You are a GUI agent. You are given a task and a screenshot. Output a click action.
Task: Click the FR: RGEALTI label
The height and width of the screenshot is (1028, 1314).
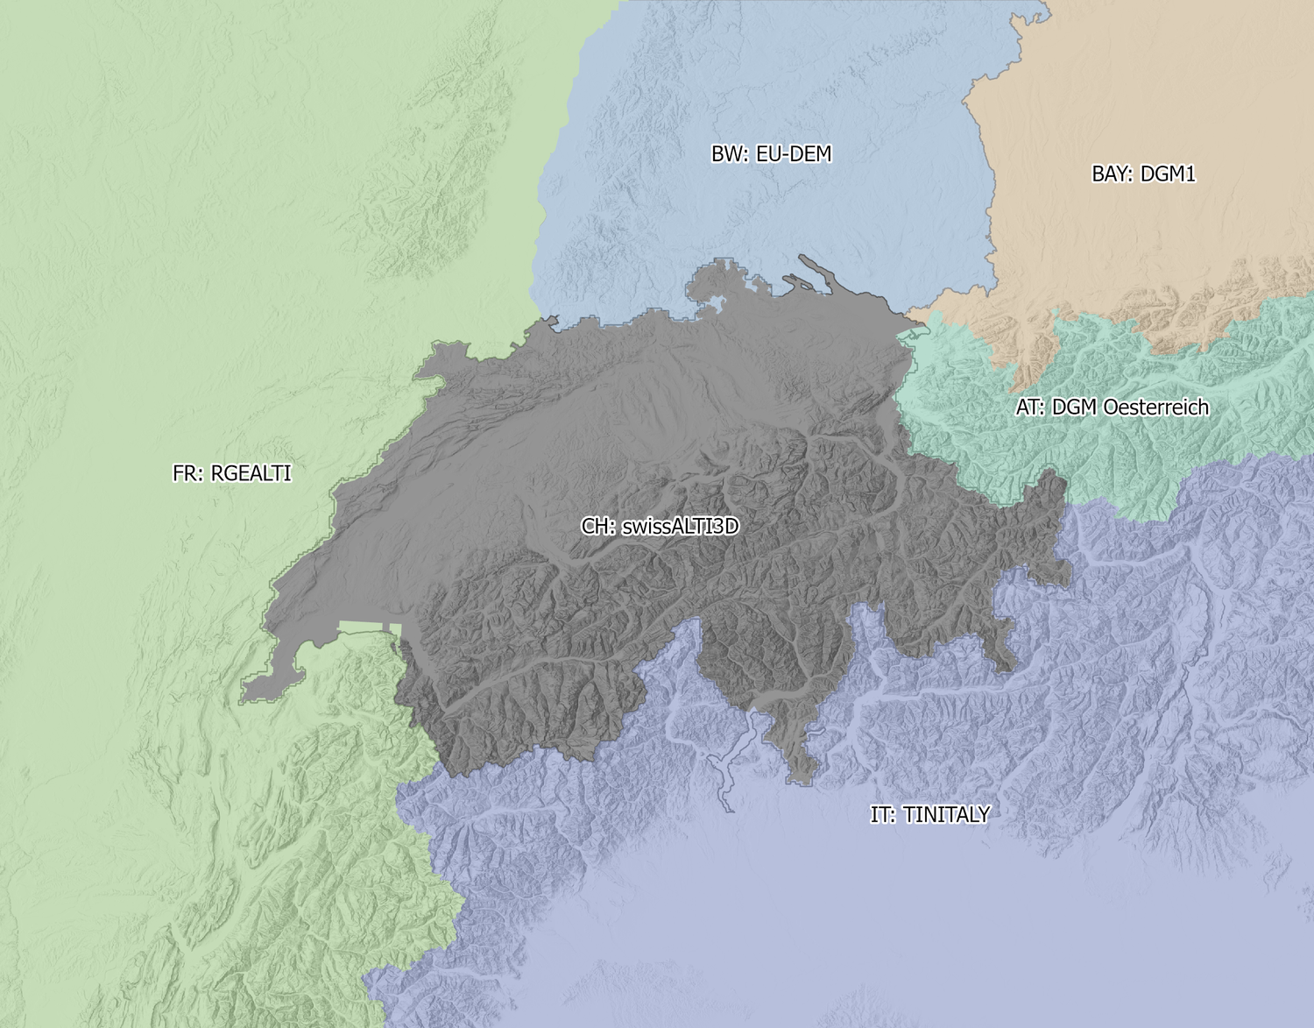pyautogui.click(x=231, y=473)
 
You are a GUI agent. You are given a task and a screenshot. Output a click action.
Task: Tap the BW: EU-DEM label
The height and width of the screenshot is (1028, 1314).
pyautogui.click(x=771, y=154)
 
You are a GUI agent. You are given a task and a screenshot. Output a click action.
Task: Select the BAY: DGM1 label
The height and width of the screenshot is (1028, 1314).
pyautogui.click(x=1143, y=174)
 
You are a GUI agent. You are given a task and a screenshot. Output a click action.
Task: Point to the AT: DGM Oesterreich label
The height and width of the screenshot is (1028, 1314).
pyautogui.click(x=1112, y=408)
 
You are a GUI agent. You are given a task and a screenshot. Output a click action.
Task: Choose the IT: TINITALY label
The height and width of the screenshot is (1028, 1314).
pyautogui.click(x=929, y=815)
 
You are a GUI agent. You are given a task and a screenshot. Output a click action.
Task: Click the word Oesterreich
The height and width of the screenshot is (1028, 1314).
pyautogui.click(x=1156, y=408)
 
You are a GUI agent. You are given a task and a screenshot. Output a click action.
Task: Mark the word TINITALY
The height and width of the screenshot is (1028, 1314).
pyautogui.click(x=946, y=815)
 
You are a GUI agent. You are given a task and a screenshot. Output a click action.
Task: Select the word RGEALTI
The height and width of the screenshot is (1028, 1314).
pyautogui.click(x=251, y=473)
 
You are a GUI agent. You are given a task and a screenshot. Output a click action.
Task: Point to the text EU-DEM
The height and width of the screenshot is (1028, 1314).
pyautogui.click(x=794, y=154)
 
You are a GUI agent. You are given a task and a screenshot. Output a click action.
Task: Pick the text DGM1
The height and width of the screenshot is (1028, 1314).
pyautogui.click(x=1169, y=174)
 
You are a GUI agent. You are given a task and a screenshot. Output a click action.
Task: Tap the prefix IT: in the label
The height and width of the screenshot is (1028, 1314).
pyautogui.click(x=883, y=815)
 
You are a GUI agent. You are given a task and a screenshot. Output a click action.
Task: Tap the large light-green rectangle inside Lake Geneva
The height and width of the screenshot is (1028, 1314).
pyautogui.click(x=368, y=627)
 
